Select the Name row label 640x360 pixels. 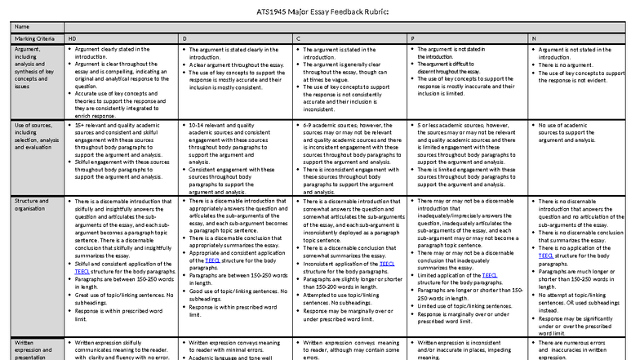click(x=22, y=27)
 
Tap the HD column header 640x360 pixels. click(x=72, y=38)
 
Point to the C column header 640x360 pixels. click(x=298, y=38)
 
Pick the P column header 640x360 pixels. click(x=412, y=38)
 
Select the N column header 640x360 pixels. click(x=534, y=38)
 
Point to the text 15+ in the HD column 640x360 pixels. click(x=81, y=126)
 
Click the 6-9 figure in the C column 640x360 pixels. click(x=309, y=126)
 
